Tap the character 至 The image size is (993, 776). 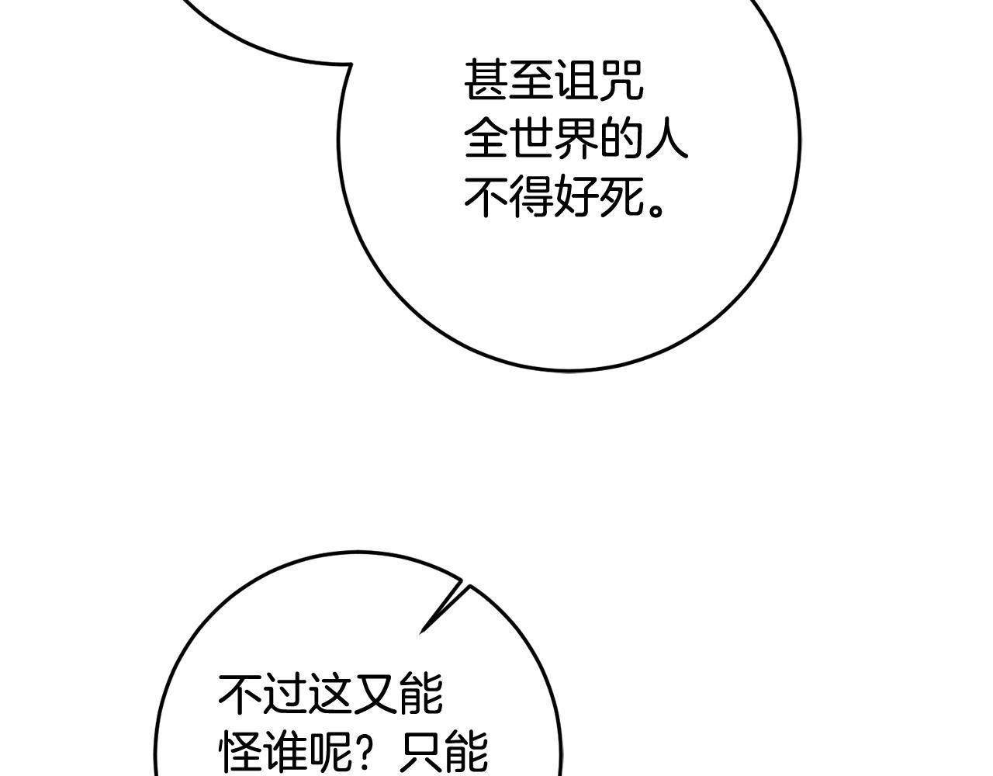531,81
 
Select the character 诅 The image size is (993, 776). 576,81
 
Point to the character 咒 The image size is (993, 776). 620,81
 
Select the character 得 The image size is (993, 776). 531,197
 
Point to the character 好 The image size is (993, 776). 576,197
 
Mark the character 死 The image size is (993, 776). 620,197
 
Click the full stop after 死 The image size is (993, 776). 656,210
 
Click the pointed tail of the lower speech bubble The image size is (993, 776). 421,632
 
